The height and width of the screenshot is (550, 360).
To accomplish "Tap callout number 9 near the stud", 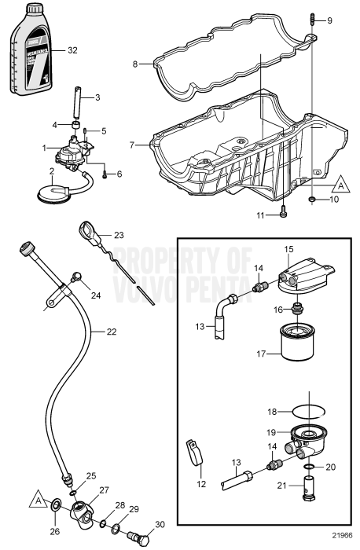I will [x=329, y=20].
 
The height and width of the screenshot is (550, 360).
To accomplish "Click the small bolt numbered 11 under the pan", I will [x=283, y=210].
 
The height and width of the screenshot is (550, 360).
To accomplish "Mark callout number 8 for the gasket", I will [x=134, y=64].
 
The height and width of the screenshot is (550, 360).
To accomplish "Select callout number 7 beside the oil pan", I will [x=133, y=145].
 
